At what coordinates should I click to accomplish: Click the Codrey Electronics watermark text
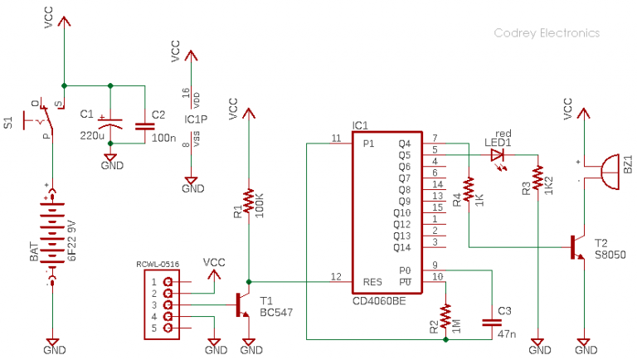tap(547, 33)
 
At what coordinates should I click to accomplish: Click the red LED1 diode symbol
tap(498, 155)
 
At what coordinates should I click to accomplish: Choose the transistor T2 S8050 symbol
tap(577, 247)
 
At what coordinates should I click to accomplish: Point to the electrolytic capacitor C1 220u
tap(112, 124)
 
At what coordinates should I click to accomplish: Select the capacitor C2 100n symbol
tap(143, 125)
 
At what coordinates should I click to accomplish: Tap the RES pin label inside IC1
tap(373, 282)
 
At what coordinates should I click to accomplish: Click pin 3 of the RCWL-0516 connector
tap(168, 304)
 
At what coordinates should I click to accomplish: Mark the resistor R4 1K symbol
tap(469, 190)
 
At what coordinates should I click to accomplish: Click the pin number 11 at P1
tap(335, 138)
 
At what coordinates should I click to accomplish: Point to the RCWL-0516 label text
tap(159, 265)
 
